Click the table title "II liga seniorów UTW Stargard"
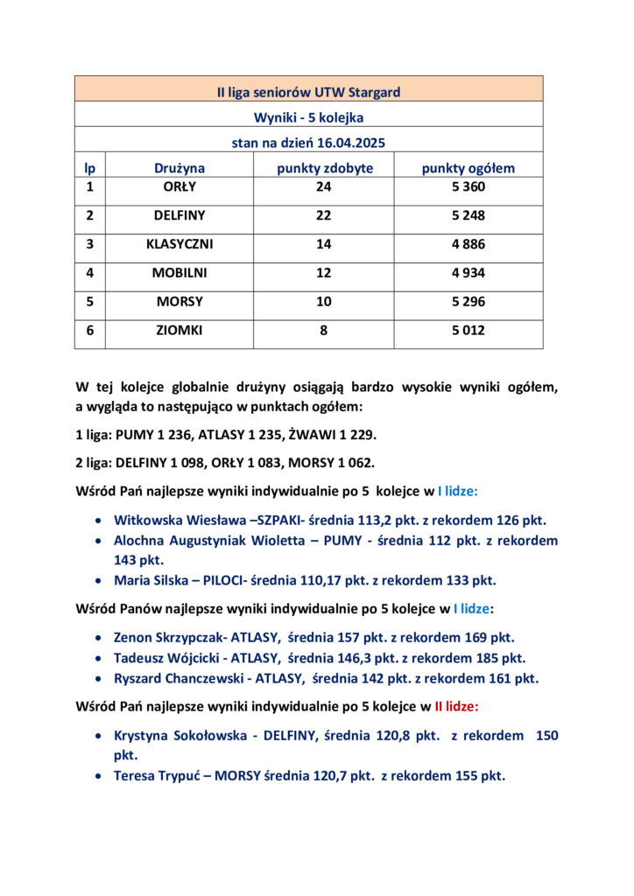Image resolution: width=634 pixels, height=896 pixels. click(x=309, y=91)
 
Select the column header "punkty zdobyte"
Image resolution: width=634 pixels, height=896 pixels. click(x=324, y=168)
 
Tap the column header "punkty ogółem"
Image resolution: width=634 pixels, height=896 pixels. click(x=468, y=168)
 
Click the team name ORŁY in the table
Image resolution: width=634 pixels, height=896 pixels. click(x=180, y=186)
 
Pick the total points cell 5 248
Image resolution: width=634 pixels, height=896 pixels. click(x=468, y=215)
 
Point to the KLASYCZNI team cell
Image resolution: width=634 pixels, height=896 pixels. click(x=180, y=244)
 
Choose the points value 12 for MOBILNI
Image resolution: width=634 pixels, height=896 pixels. click(x=324, y=273)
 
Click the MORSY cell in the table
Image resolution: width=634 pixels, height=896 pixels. click(x=180, y=302)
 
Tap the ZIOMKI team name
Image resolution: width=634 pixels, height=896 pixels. click(x=180, y=331)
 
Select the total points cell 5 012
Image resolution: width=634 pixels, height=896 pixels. click(x=468, y=331)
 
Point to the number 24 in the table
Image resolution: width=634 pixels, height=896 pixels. click(x=324, y=186)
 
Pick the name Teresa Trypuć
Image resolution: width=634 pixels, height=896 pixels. click(x=162, y=775)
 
